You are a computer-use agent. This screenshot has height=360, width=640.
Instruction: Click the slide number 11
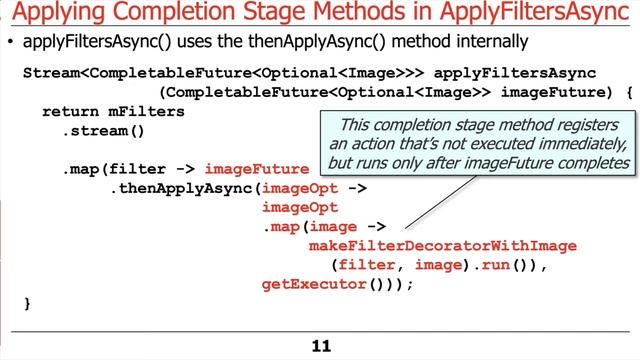click(x=320, y=346)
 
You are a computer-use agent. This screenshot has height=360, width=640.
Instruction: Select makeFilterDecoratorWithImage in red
click(x=443, y=246)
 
